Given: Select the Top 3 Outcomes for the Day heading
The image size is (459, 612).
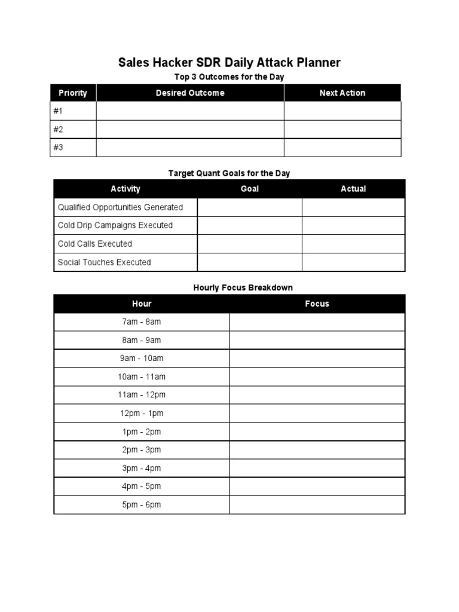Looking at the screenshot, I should [x=229, y=77].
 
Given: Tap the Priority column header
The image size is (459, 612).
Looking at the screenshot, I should [x=73, y=93].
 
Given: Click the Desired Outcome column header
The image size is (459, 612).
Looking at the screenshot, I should [x=190, y=93].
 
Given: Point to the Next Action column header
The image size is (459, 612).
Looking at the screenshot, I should [x=342, y=93].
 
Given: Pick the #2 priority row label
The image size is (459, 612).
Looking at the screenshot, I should [x=58, y=130].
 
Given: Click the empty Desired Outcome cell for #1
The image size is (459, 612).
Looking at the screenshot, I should [x=190, y=111].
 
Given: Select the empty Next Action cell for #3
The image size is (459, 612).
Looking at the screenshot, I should [x=342, y=148].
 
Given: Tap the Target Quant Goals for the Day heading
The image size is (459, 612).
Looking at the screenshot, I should [x=229, y=173].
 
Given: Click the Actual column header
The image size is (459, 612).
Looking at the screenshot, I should [x=353, y=189].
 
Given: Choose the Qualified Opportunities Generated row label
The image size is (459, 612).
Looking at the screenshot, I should [x=120, y=207].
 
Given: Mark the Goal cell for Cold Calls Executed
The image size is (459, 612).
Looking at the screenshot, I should [x=249, y=244].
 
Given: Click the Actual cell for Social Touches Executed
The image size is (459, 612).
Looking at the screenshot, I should [x=353, y=262].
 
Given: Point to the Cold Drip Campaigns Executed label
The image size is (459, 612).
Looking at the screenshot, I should [x=115, y=225].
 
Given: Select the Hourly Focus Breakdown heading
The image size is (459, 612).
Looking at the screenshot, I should [x=243, y=287].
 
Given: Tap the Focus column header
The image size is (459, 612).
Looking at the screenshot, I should [x=317, y=304].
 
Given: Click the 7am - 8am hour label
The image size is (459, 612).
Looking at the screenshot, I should [x=142, y=322].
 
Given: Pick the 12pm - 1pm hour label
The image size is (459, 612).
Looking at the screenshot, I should [x=142, y=413].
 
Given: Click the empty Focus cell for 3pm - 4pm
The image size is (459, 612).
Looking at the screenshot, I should [x=317, y=468].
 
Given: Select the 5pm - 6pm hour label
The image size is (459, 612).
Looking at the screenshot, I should [x=142, y=504].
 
